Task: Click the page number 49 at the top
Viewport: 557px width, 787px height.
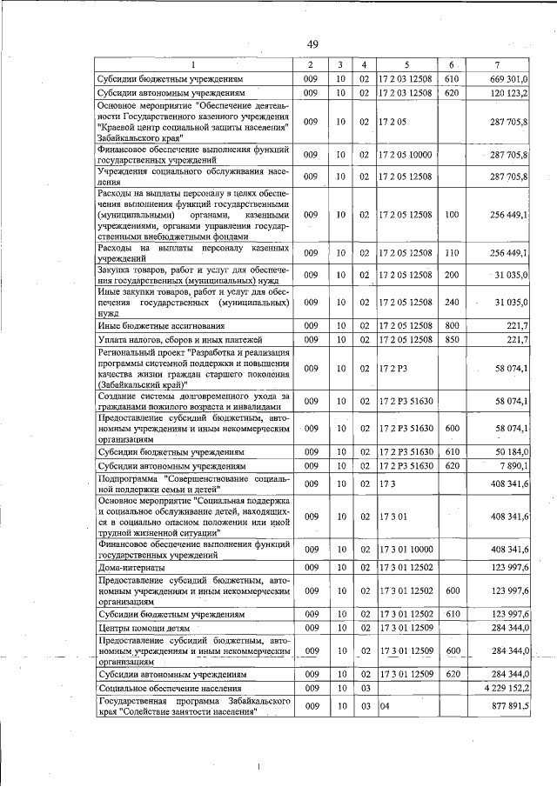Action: point(314,44)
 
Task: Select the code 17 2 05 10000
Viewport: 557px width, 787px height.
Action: point(405,155)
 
